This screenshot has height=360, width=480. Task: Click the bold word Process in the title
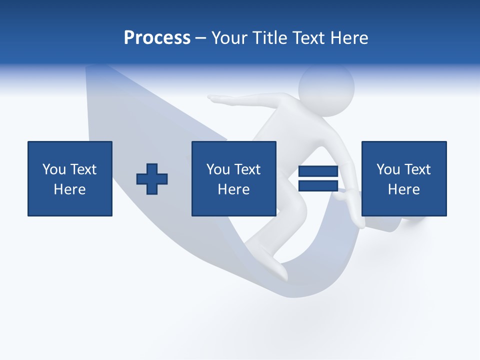coord(157,38)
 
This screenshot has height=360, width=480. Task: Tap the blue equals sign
coord(318,179)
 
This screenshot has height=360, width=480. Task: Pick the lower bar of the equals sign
coord(318,186)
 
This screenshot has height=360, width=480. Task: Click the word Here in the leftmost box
coord(70,189)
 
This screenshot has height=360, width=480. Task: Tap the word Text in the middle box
coord(247,169)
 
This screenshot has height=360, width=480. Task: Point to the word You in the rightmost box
coord(388,169)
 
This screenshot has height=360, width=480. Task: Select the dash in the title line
coord(201,38)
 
